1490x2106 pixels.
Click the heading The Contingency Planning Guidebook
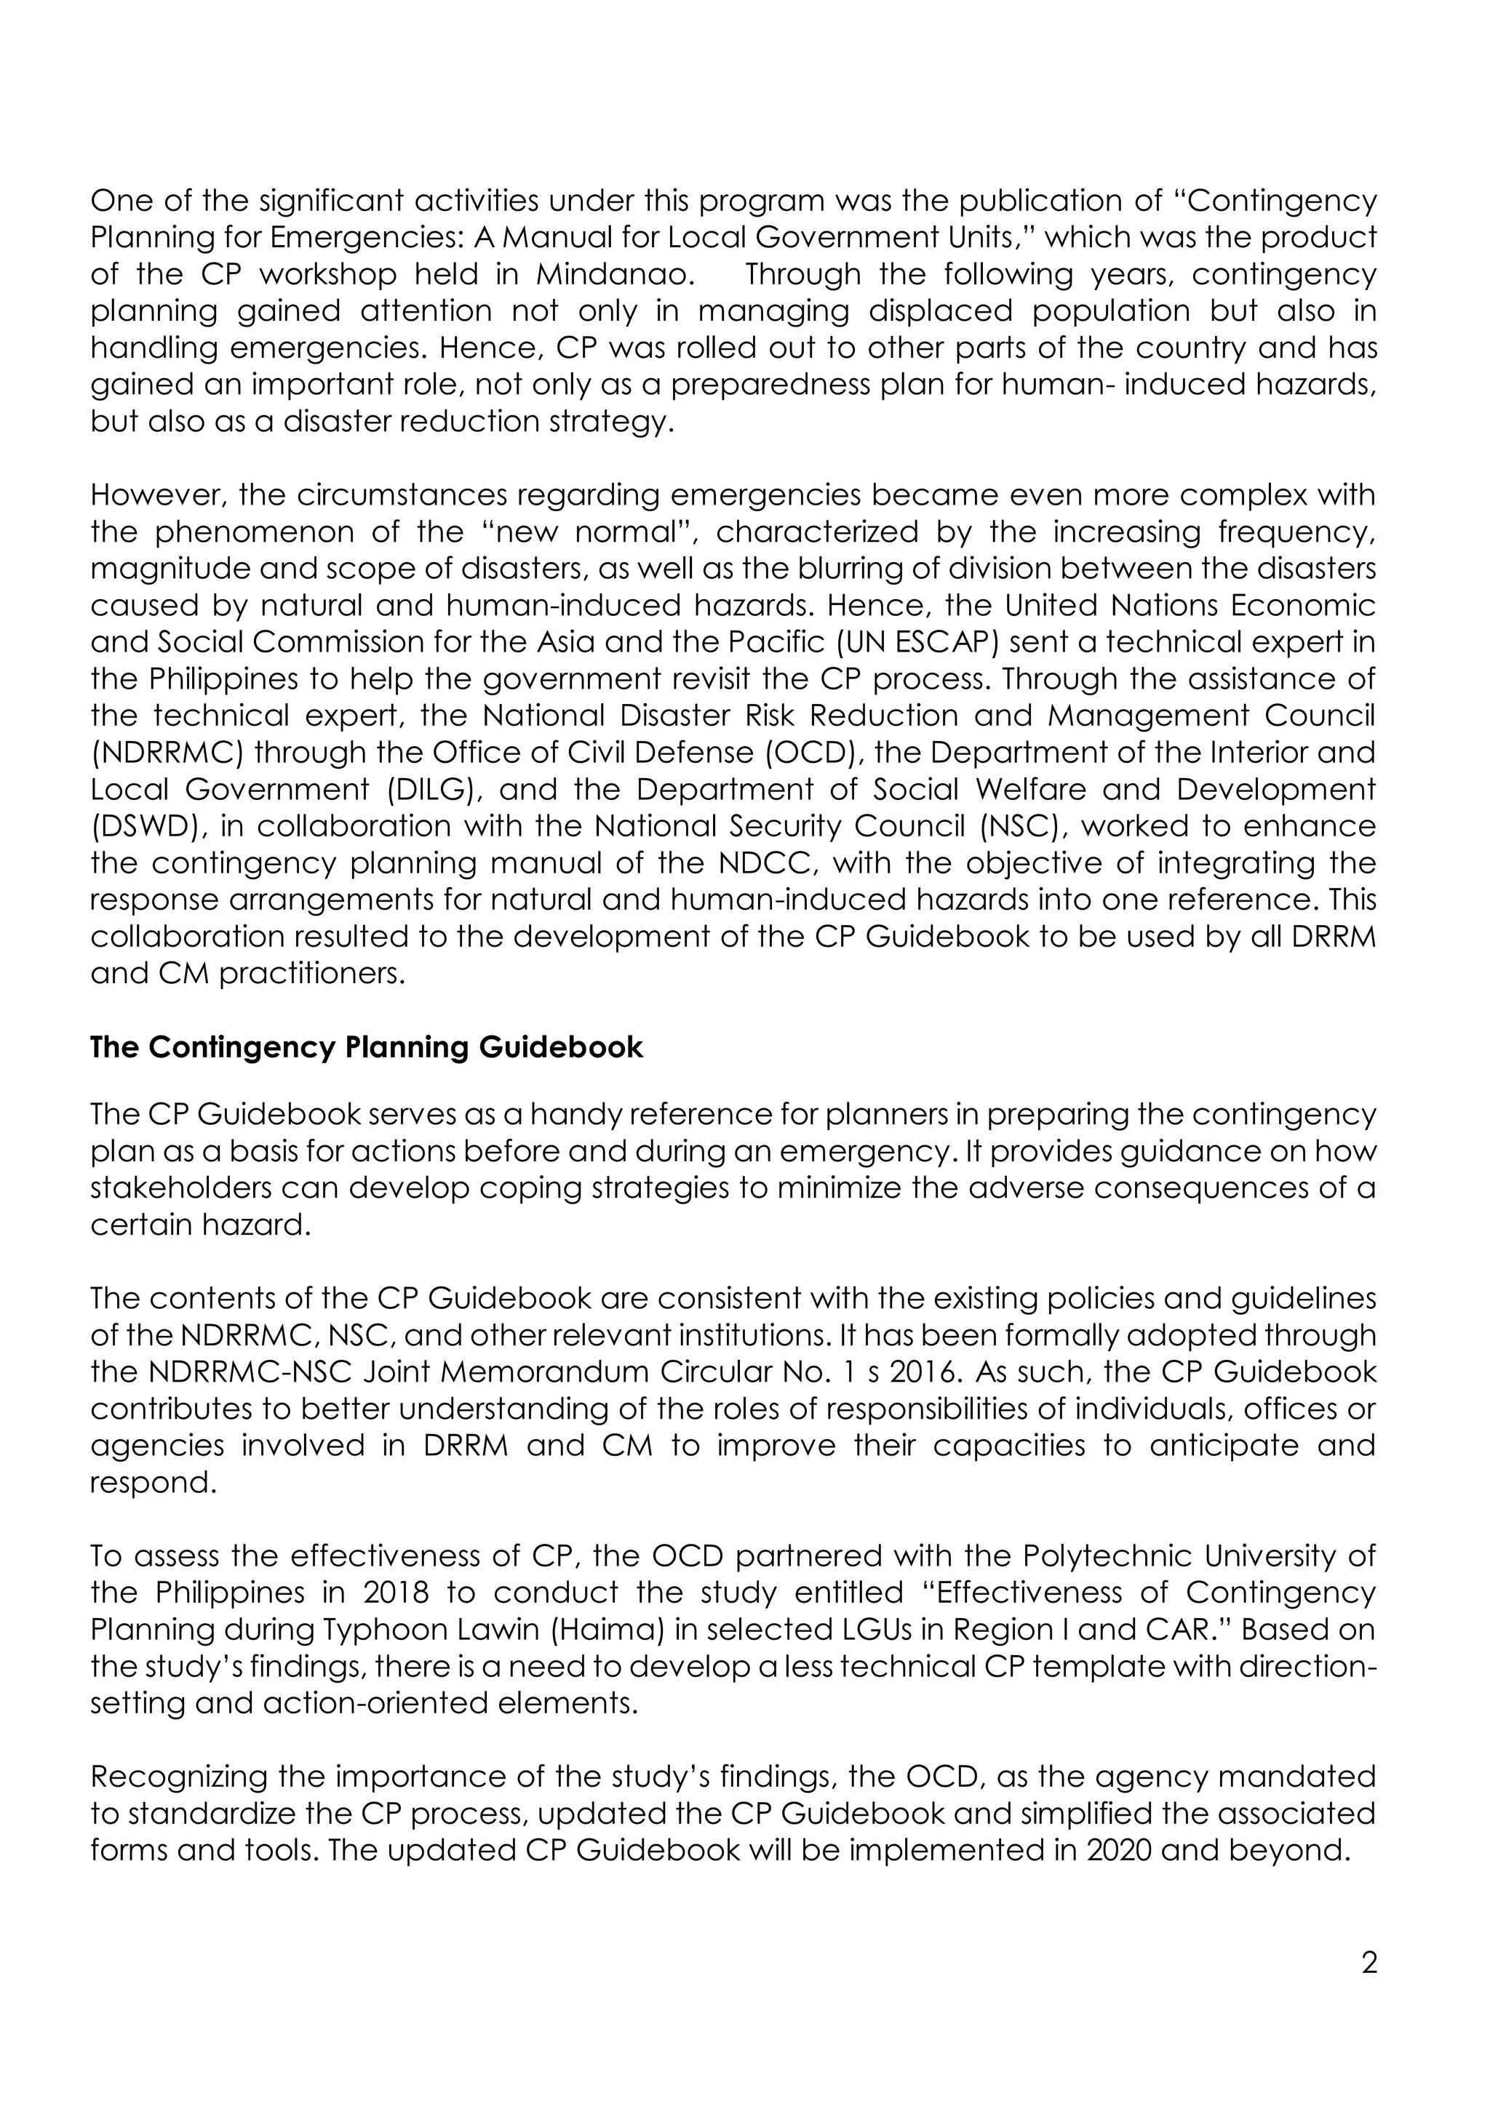[366, 1047]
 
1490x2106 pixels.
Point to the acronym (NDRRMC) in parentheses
[167, 753]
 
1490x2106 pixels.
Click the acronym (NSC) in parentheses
[1019, 826]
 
